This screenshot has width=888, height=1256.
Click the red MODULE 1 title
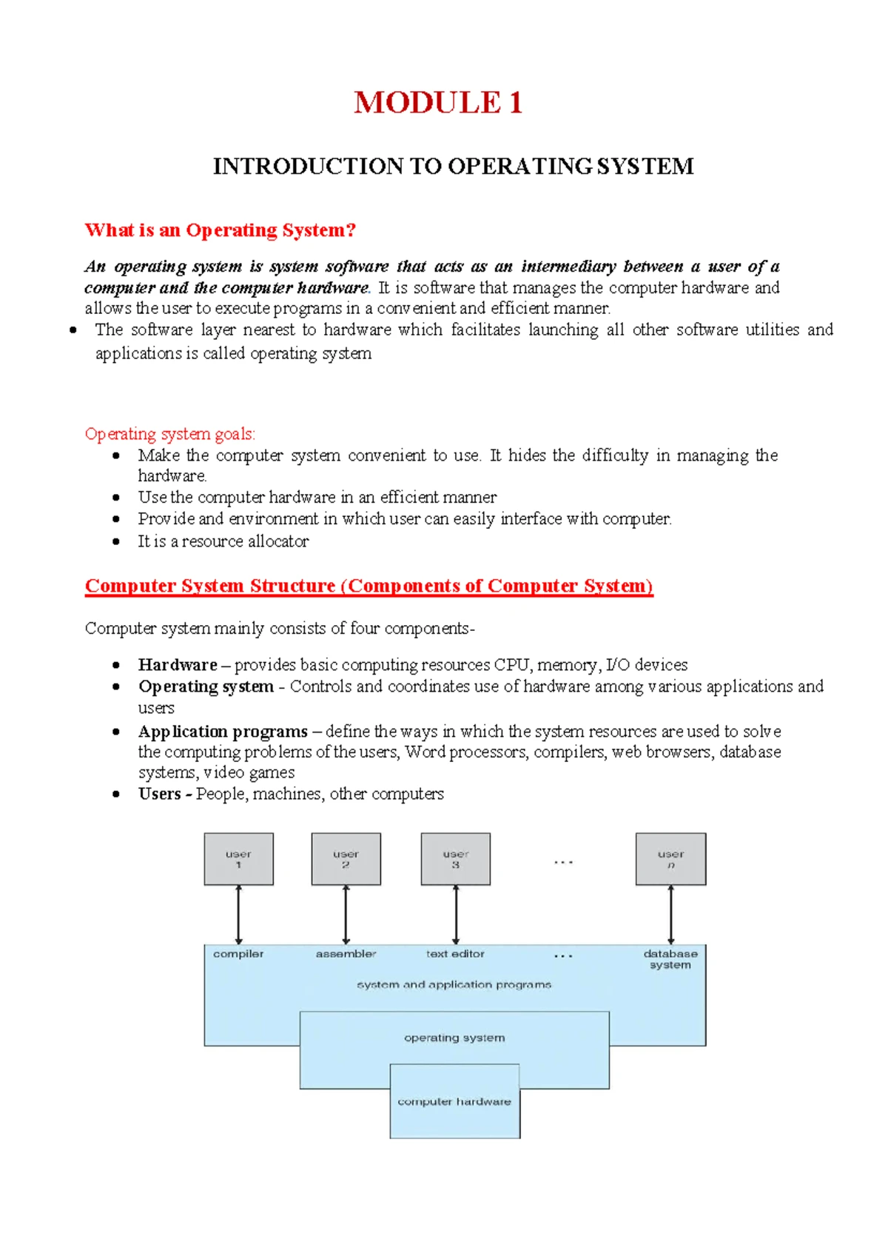[438, 102]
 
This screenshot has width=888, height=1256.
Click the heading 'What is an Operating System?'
[221, 230]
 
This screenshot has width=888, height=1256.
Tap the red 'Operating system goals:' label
[169, 434]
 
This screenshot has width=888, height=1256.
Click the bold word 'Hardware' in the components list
[178, 665]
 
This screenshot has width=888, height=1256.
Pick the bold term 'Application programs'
[223, 732]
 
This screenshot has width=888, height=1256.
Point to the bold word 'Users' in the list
[159, 794]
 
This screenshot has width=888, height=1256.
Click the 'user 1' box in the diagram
[238, 859]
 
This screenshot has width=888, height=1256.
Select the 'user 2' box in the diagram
[346, 859]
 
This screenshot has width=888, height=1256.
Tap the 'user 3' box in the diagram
[455, 859]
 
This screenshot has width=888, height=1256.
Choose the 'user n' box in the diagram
[670, 859]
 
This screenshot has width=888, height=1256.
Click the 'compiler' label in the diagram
[238, 954]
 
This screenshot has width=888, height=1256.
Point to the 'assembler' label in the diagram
[346, 954]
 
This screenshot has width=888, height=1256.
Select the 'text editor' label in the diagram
[455, 954]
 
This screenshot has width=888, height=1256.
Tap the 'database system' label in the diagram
[670, 959]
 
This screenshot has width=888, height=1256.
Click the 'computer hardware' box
[454, 1102]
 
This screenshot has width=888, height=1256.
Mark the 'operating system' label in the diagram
[454, 1038]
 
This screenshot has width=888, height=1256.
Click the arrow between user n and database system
[671, 915]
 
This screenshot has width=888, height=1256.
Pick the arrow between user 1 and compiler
[238, 915]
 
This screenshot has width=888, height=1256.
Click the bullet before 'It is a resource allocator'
[116, 541]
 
